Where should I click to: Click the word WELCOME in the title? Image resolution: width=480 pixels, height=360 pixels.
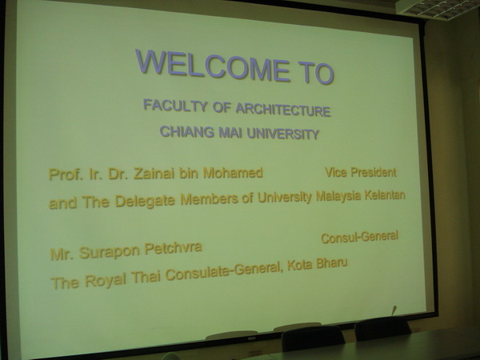[x=213, y=66]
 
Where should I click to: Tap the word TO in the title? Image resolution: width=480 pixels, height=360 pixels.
[x=316, y=73]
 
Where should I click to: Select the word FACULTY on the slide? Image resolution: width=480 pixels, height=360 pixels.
[x=175, y=106]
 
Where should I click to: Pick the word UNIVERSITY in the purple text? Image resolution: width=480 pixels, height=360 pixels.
[x=283, y=134]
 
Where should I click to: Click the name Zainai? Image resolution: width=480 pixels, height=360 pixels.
[x=154, y=174]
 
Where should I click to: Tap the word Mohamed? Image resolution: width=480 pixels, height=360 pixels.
[x=233, y=173]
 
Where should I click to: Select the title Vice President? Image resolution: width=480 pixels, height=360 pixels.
[x=361, y=172]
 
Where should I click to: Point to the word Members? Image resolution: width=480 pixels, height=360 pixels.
[x=209, y=199]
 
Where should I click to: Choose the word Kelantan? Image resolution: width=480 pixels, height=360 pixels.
[x=385, y=195]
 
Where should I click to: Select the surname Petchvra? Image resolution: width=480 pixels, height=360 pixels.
[x=174, y=248]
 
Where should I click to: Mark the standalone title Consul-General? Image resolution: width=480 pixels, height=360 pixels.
[x=360, y=237]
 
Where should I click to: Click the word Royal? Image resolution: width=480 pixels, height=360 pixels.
[x=106, y=281]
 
